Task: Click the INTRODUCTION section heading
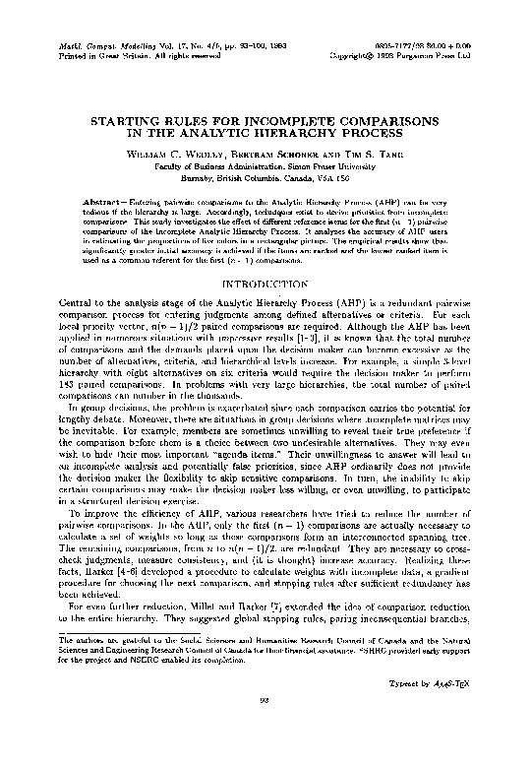pyautogui.click(x=265, y=287)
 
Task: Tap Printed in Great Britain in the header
pyautogui.click(x=84, y=56)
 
